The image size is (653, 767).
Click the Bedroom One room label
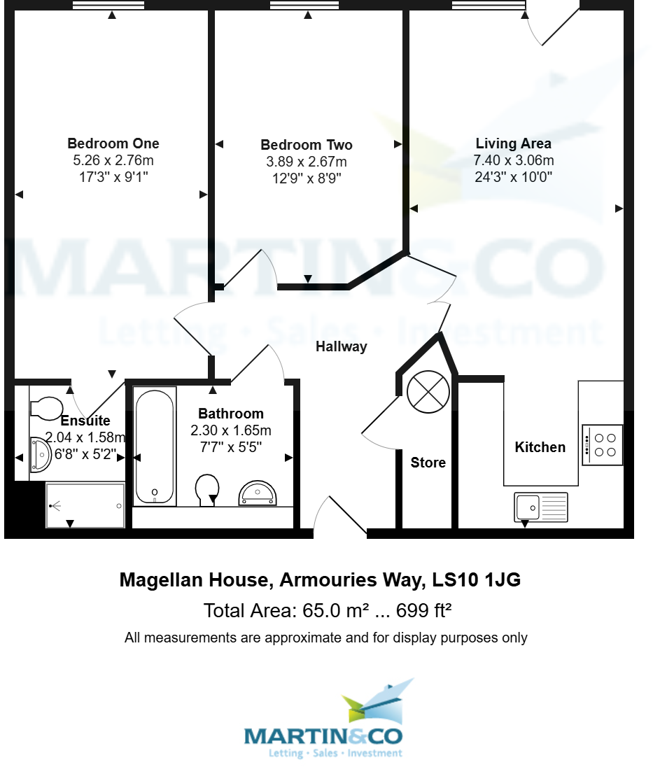click(113, 143)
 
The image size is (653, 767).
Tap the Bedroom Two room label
click(306, 146)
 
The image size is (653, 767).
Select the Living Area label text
click(513, 143)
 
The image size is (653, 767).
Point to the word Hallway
click(341, 346)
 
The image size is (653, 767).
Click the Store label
click(428, 463)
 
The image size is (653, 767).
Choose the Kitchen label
click(540, 447)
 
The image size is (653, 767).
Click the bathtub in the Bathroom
click(154, 447)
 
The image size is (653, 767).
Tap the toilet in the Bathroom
click(207, 489)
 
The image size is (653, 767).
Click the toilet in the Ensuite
click(47, 407)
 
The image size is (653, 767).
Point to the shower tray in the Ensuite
click(85, 505)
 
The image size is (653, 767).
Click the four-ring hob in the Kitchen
click(603, 445)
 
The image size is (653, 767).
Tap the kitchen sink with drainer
click(541, 506)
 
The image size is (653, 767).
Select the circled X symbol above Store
click(428, 391)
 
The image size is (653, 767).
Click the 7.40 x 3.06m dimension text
click(513, 160)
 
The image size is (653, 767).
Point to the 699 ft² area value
click(423, 611)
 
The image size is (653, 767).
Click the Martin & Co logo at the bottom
click(323, 721)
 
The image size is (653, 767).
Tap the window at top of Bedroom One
click(108, 5)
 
